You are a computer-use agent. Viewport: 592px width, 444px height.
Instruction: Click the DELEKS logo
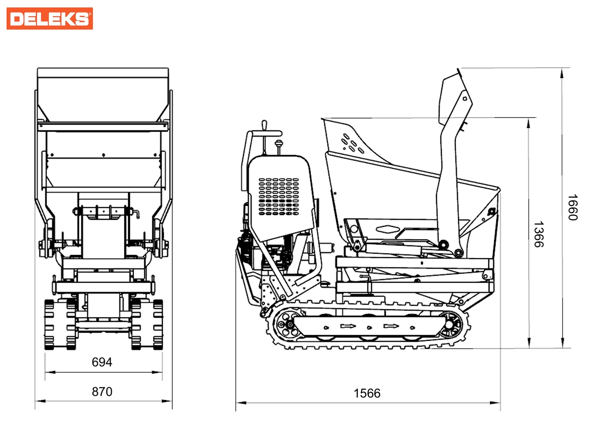point(50,18)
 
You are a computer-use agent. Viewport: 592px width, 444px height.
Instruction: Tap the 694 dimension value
point(102,362)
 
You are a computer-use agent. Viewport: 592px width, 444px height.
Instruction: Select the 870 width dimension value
point(102,391)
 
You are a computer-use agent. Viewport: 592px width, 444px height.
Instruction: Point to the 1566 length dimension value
point(367,393)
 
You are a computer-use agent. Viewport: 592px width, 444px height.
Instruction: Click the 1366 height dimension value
point(538,234)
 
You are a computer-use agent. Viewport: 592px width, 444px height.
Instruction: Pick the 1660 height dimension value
point(572,207)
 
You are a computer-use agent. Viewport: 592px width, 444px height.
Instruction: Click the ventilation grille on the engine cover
point(278,196)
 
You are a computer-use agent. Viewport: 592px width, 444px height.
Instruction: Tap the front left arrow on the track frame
point(348,326)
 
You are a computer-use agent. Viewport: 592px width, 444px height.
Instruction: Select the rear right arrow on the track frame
point(391,326)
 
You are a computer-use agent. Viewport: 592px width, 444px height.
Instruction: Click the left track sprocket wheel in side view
point(287,325)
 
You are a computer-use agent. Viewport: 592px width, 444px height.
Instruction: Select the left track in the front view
point(60,324)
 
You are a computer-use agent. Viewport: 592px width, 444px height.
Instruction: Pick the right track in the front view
point(147,324)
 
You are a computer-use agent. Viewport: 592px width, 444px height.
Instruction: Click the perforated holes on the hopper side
point(352,144)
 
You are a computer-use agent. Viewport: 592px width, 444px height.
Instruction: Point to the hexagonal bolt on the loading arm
point(465,98)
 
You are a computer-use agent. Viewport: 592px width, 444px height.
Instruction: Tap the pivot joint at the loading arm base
point(459,253)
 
